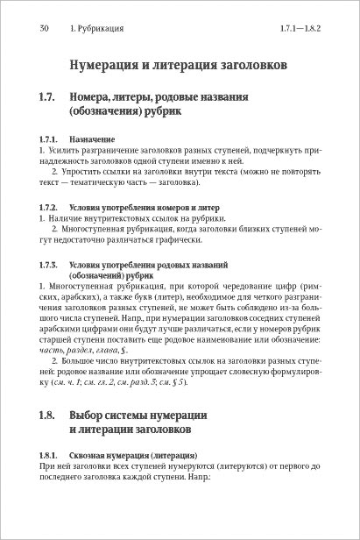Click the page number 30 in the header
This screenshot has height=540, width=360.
pyautogui.click(x=44, y=28)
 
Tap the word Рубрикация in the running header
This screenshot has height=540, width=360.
pyautogui.click(x=99, y=28)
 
